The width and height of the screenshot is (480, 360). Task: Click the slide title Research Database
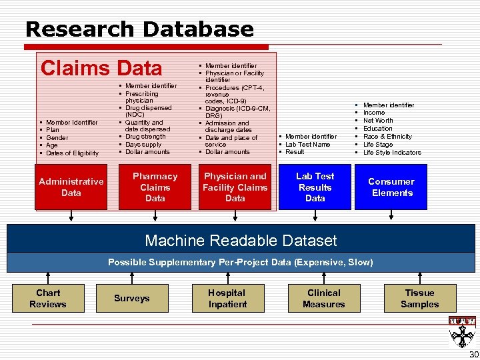[x=139, y=29]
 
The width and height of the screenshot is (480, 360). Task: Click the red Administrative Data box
[x=71, y=187]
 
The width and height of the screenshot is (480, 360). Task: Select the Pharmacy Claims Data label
[x=155, y=187]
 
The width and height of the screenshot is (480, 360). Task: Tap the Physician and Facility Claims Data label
[x=235, y=187]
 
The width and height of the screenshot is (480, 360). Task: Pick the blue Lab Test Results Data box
[x=315, y=187]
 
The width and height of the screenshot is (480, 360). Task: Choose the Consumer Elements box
[x=392, y=187]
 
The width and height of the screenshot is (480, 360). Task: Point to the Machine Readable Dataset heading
[x=241, y=241]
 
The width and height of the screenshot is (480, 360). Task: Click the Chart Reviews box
[x=48, y=299]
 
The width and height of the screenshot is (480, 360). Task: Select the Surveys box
[x=132, y=299]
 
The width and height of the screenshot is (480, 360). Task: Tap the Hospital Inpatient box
[x=227, y=299]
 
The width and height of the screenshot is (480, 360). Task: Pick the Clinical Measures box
[x=323, y=299]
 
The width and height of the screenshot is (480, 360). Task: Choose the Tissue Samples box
[x=419, y=299]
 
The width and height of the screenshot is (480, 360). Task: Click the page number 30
[x=473, y=353]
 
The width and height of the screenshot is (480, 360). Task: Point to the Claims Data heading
[x=101, y=68]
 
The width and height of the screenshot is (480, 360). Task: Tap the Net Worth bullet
[x=378, y=121]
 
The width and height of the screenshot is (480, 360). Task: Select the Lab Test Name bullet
[x=308, y=144]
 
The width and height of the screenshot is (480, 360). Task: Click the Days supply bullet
[x=143, y=144]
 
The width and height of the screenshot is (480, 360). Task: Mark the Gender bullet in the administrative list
[x=57, y=137]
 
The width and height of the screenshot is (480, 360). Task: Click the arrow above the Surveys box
[x=132, y=279]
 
